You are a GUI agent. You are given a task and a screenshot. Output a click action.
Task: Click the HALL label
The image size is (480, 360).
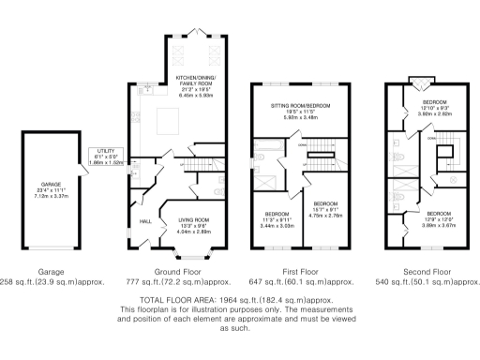[146, 221]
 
